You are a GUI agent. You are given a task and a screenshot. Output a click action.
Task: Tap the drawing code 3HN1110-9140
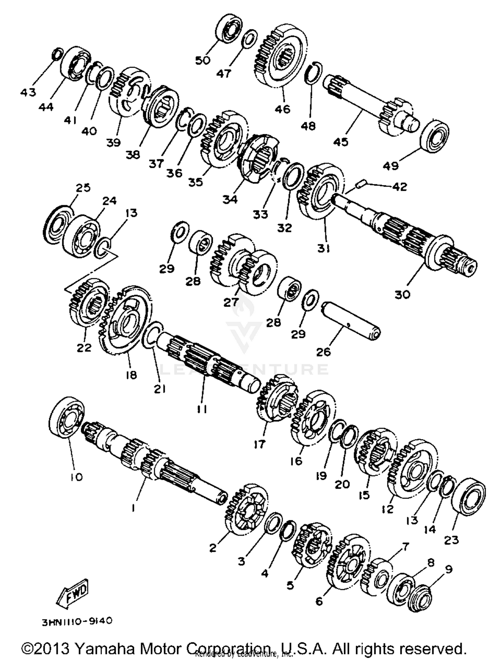click(x=77, y=621)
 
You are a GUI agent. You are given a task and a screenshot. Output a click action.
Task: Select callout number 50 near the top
click(x=203, y=60)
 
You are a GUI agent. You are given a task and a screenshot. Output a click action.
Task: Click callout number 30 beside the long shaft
click(x=402, y=294)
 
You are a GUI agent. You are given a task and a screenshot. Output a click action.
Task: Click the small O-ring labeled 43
click(x=57, y=54)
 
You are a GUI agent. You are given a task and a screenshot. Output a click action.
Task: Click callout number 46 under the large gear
click(x=282, y=109)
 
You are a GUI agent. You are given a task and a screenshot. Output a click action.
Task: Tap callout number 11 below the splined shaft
click(x=202, y=409)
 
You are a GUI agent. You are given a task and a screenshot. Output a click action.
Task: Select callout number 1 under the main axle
click(x=133, y=508)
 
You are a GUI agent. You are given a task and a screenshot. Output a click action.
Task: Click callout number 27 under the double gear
click(x=231, y=302)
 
